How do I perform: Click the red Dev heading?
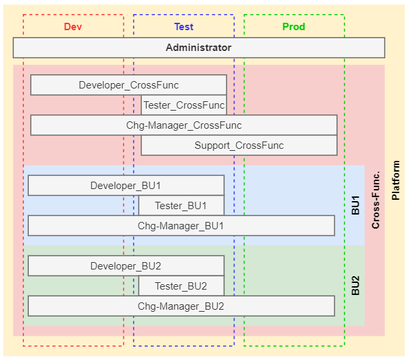coord(73,27)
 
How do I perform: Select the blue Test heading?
coord(184,27)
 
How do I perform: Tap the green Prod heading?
coord(293,27)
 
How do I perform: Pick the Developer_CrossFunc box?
coord(128,85)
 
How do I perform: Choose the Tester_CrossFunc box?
coord(184,105)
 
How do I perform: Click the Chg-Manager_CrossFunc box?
coord(184,125)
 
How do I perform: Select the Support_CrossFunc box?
coord(239,145)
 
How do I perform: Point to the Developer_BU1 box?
coord(125,186)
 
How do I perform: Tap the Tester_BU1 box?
coord(181,206)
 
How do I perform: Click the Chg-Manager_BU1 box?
coord(181,226)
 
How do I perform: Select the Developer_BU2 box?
coord(125,266)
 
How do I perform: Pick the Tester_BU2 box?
coord(181,286)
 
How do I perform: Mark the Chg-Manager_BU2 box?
coord(181,306)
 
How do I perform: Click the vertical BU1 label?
coord(356,205)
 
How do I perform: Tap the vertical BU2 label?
coord(356,286)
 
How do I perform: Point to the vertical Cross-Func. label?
coord(376,200)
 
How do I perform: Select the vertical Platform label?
coord(396,180)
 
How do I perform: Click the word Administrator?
coord(198,48)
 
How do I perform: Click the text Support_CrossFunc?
coord(239,145)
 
